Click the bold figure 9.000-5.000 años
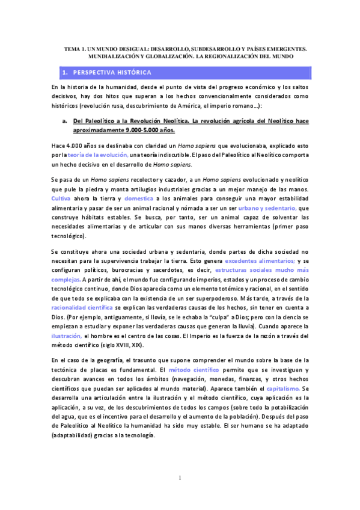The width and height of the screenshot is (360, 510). [x=128, y=129]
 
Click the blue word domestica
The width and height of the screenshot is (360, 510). [x=139, y=198]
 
